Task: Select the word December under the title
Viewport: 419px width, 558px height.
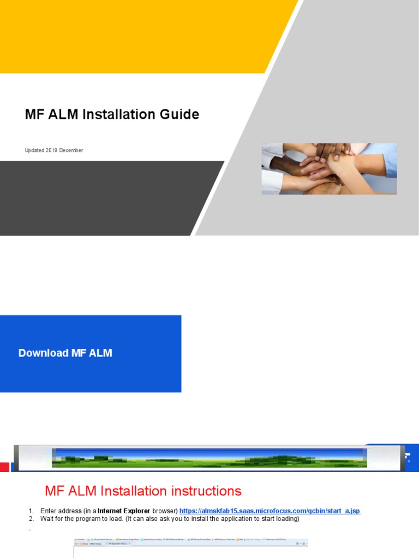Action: [x=71, y=150]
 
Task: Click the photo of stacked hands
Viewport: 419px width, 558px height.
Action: [x=329, y=168]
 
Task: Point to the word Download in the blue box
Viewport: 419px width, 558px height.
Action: [x=44, y=353]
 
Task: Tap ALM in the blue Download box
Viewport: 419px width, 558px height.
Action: [x=100, y=353]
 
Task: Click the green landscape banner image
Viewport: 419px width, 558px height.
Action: [x=209, y=458]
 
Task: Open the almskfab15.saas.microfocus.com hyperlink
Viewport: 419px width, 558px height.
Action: [x=270, y=511]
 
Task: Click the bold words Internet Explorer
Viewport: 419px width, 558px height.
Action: [x=124, y=511]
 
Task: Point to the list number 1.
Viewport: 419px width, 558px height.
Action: [x=31, y=511]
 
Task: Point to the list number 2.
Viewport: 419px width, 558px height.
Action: [x=31, y=519]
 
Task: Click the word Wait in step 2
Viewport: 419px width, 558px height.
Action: [x=46, y=519]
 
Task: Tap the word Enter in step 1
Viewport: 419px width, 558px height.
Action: [x=48, y=511]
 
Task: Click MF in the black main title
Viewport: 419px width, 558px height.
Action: [x=33, y=114]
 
